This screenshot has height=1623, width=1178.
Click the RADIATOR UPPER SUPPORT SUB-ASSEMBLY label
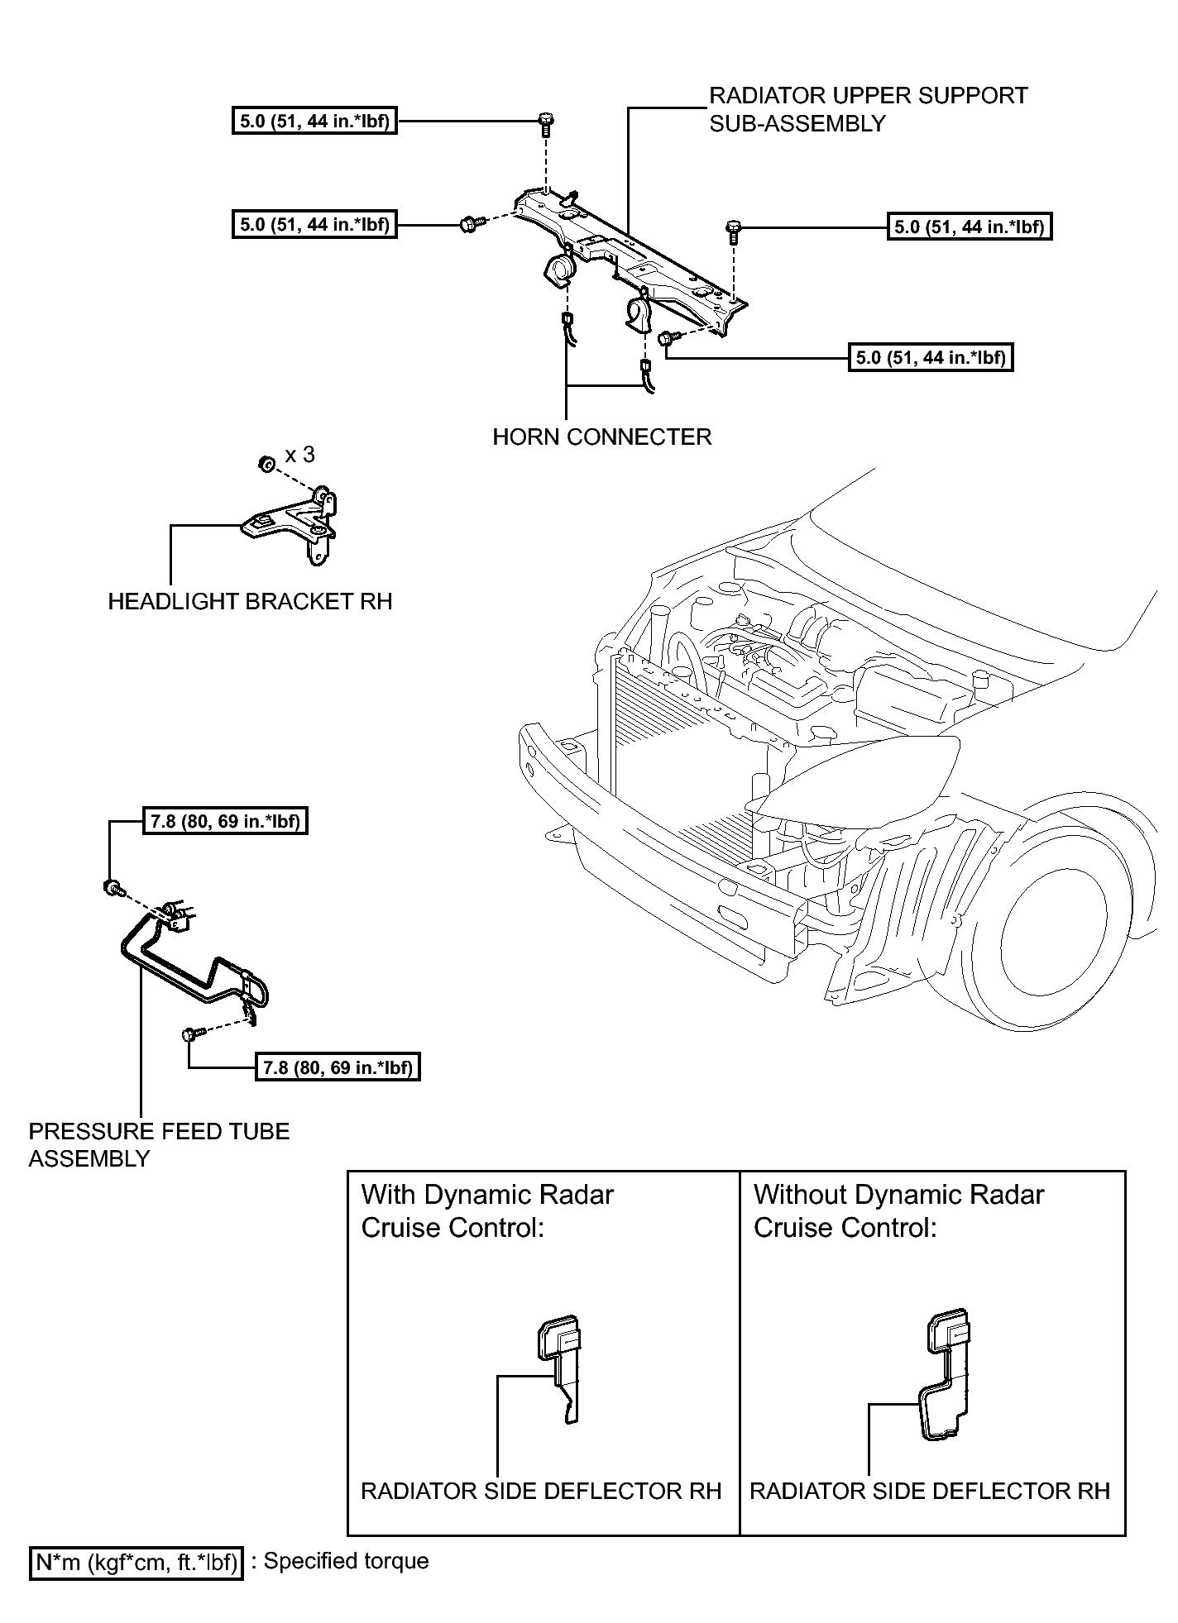[868, 109]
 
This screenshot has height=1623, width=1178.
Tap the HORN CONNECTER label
[601, 437]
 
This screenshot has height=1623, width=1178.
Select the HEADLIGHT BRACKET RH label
[250, 601]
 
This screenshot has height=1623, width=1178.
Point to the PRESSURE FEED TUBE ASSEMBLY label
[159, 1144]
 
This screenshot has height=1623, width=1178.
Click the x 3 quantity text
[299, 455]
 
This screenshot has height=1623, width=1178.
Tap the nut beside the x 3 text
[266, 464]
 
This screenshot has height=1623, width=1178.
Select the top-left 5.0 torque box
[314, 122]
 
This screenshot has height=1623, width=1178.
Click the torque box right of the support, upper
[970, 227]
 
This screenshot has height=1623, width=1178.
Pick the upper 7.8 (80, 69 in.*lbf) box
[225, 821]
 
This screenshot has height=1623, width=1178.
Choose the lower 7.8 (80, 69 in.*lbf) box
[338, 1067]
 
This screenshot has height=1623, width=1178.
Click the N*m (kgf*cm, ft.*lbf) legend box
[136, 1562]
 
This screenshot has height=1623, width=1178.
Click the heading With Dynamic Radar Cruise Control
[487, 1210]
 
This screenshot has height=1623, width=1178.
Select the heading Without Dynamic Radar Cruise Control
[898, 1210]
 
